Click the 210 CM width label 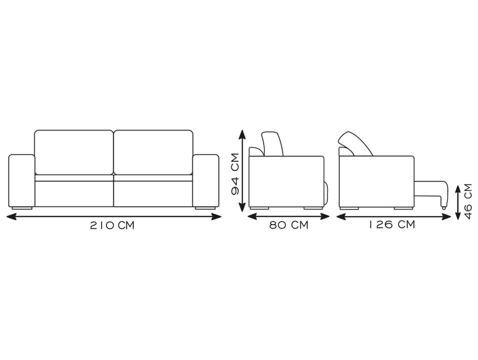pos(112,225)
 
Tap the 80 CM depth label pos(288,225)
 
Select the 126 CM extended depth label pos(392,224)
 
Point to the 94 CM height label pos(235,174)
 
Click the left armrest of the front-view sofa pos(21,181)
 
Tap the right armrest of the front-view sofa pos(205,181)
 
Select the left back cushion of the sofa pos(74,152)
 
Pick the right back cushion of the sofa pos(153,152)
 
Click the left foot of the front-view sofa pos(22,208)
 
